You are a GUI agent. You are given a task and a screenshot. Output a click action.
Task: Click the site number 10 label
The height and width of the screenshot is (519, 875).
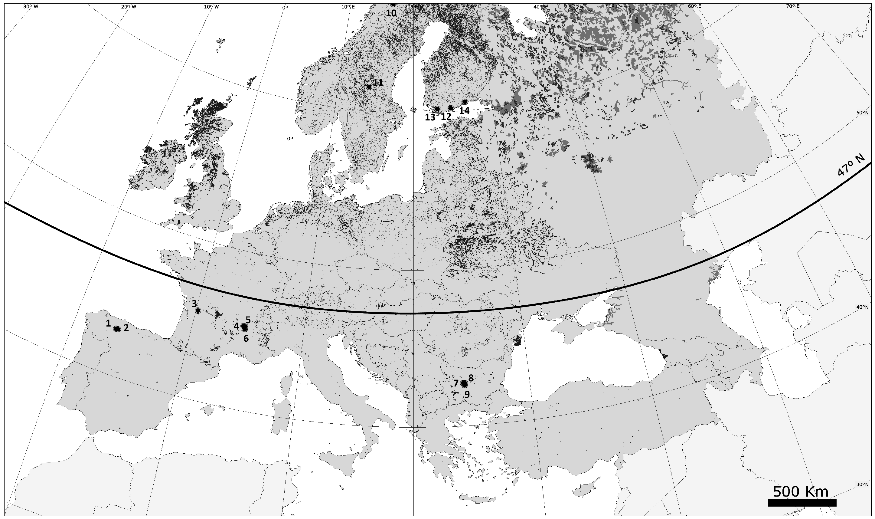click(391, 13)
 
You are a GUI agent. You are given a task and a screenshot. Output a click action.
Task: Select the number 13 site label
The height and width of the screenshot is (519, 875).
click(430, 117)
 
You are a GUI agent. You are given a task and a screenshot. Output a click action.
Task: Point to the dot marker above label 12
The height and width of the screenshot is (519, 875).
click(451, 108)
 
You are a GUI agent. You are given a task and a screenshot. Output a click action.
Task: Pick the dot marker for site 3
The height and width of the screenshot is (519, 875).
click(198, 310)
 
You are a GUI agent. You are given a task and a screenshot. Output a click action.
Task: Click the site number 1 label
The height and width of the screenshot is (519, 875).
click(109, 323)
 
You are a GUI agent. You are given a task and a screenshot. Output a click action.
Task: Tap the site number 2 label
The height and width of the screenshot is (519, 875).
click(126, 328)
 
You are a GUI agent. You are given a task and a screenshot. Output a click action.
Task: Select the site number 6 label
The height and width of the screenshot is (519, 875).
click(246, 338)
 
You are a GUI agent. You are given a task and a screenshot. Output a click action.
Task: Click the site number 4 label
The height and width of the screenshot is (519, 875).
click(237, 326)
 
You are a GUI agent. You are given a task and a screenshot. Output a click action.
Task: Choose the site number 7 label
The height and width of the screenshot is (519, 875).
click(456, 383)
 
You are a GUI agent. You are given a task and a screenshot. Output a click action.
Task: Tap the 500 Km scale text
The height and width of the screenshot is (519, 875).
click(801, 492)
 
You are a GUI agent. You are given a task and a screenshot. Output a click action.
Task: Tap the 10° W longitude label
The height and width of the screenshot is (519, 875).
click(212, 7)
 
